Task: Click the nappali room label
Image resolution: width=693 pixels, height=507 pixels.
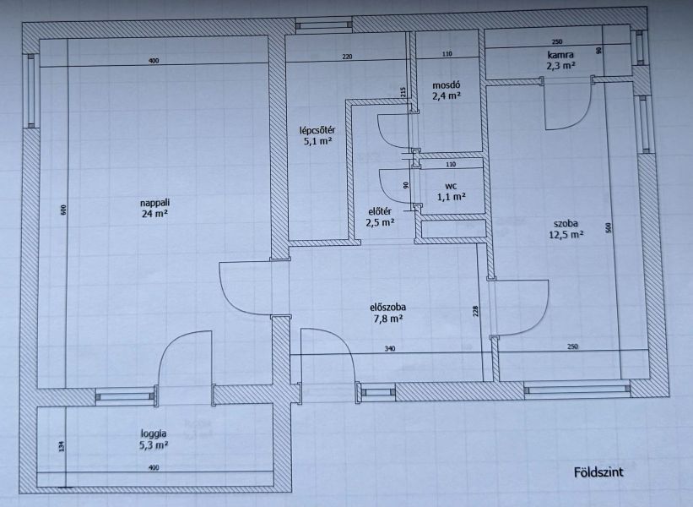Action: point(154,203)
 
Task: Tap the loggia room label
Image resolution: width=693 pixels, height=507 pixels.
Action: point(154,434)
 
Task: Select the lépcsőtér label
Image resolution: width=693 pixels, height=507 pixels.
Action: point(317,130)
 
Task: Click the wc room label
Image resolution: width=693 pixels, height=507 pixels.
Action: point(452,186)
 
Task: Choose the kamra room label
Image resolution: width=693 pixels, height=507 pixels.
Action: point(560,55)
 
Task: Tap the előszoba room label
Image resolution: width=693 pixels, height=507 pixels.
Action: point(387,307)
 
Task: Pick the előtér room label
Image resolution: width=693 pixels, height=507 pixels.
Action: point(380,211)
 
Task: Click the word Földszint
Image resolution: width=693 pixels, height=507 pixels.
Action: point(598,472)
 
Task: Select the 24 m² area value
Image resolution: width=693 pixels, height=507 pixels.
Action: point(154,214)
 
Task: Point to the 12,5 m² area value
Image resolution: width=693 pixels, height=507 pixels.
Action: point(566,234)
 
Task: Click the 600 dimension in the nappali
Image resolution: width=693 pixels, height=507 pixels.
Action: point(63,210)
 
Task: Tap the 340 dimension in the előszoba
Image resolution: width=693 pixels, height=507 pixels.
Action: point(389,349)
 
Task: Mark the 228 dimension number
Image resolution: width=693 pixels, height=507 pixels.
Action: point(475,312)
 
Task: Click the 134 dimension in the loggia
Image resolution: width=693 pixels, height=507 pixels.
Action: point(62,446)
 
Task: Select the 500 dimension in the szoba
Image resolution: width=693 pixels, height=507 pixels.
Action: point(608,228)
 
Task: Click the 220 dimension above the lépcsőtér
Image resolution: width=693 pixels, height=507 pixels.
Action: point(348,57)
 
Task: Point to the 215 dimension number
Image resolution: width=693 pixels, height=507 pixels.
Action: point(403,92)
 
